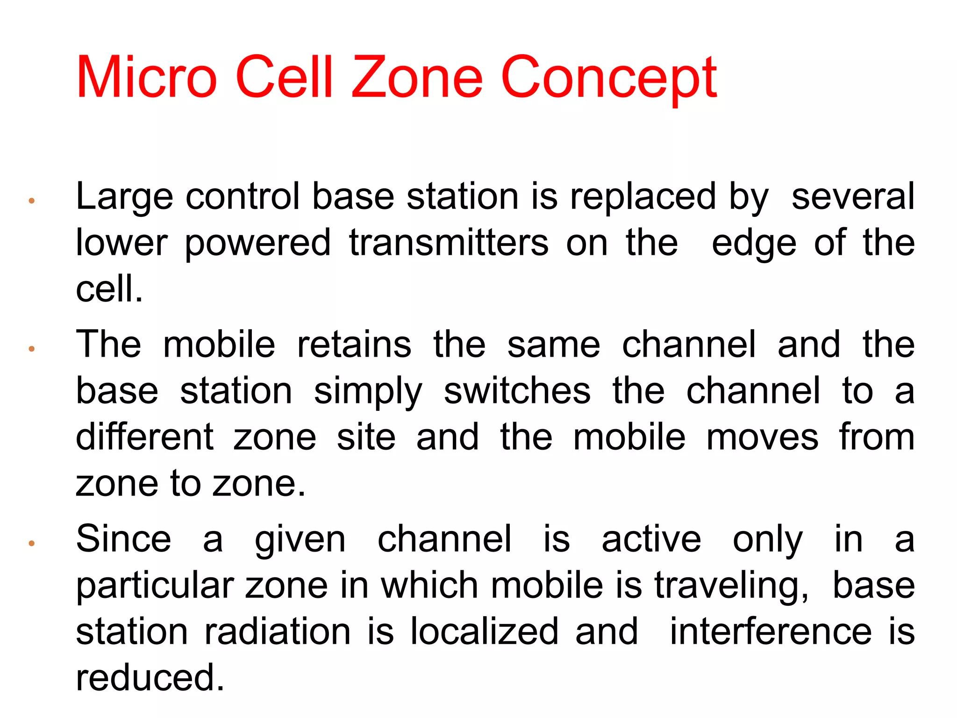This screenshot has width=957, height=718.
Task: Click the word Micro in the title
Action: coord(146,77)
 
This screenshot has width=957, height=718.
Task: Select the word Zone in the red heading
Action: coord(417,77)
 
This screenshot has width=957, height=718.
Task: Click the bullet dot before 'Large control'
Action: coord(32,201)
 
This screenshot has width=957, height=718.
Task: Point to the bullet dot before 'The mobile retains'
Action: coord(32,349)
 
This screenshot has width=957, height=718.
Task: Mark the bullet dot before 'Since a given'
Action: coord(32,543)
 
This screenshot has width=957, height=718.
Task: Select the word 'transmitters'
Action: coord(449,243)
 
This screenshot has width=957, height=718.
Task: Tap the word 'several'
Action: coord(853,196)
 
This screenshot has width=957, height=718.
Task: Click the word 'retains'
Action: coord(354,345)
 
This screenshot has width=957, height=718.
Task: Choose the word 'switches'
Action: coord(517,391)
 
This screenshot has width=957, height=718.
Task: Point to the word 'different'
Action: coord(145,437)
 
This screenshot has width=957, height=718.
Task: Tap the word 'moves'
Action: coord(762,438)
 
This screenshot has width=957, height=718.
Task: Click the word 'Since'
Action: coord(123,538)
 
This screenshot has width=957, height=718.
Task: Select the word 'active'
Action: coord(651,539)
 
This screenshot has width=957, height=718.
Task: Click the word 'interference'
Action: coord(771,632)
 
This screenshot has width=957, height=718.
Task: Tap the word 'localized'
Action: coord(484,632)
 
